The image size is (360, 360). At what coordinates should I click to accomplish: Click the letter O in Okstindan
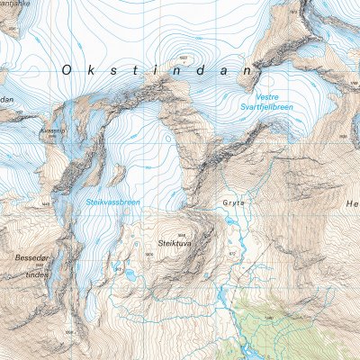[68, 68]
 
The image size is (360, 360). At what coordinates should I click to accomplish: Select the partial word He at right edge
[351, 204]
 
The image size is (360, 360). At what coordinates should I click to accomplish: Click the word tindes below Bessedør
[37, 274]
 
